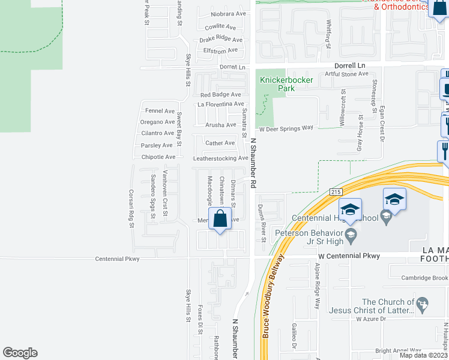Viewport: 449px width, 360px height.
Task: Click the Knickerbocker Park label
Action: pyautogui.click(x=277, y=84)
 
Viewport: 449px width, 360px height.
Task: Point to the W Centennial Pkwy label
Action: pyautogui.click(x=349, y=256)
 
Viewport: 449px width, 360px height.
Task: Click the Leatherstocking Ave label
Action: pyautogui.click(x=220, y=158)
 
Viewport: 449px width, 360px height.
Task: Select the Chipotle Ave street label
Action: pyautogui.click(x=158, y=157)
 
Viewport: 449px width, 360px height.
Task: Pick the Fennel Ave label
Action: pyautogui.click(x=160, y=111)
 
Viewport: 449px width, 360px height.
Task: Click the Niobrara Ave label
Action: pyautogui.click(x=229, y=14)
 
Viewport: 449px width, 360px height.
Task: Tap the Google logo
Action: pyautogui.click(x=20, y=353)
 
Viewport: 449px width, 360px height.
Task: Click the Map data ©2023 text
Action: pyautogui.click(x=423, y=355)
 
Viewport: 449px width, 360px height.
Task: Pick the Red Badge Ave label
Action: pyautogui.click(x=220, y=95)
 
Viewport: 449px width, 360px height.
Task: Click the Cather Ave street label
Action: pyautogui.click(x=220, y=143)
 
